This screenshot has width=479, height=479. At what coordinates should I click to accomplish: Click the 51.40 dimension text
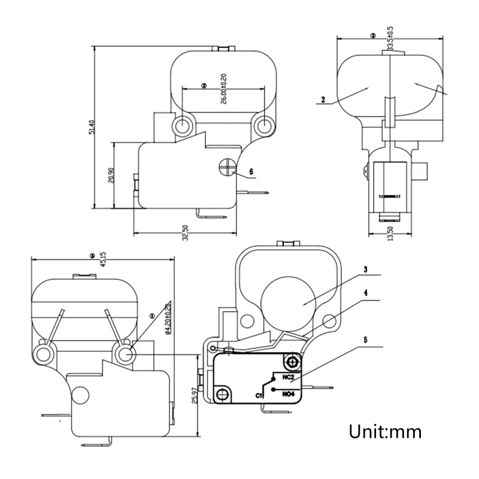tap(92, 128)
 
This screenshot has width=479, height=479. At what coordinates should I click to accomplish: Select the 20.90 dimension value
tap(111, 175)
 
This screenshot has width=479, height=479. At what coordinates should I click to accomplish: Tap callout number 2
tap(323, 101)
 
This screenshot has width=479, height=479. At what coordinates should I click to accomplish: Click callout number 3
tap(366, 269)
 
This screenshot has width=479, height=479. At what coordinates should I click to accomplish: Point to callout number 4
tap(366, 295)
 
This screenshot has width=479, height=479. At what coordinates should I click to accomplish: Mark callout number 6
tap(251, 171)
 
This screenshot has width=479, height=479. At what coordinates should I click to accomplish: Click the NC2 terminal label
tap(287, 377)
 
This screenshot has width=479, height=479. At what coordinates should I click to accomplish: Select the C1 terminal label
tap(260, 396)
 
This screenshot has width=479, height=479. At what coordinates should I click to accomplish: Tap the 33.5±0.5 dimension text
tap(390, 38)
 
